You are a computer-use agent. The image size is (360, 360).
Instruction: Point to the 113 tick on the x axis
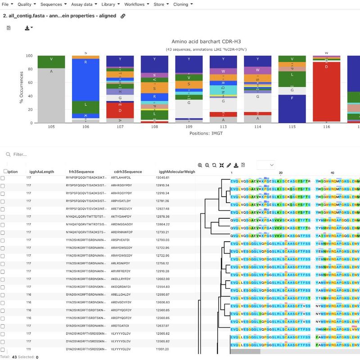(223, 127)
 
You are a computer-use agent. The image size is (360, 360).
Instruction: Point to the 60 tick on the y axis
(30, 83)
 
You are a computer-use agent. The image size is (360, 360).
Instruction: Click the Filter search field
(90, 154)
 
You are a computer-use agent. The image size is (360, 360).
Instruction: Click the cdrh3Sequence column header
(128, 171)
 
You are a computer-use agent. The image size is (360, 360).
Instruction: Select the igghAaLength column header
(41, 171)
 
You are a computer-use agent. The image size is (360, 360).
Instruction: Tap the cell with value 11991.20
(165, 349)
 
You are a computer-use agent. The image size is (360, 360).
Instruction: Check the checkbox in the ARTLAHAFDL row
(3, 178)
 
